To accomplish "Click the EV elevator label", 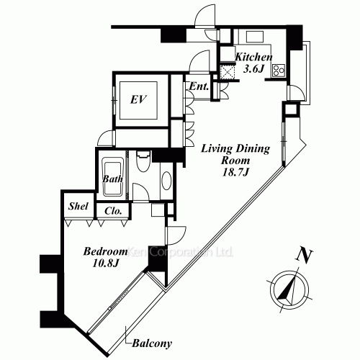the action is (x=138, y=99).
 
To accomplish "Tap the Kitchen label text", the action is (x=253, y=57).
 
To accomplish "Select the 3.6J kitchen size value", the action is (x=253, y=69).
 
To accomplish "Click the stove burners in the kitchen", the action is (x=279, y=71).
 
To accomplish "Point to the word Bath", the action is (x=112, y=179).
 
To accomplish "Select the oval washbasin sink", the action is (x=166, y=181).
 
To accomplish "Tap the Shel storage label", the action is (x=78, y=206).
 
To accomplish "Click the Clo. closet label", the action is (x=113, y=211).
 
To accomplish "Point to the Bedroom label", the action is (x=105, y=251).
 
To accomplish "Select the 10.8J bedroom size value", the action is (x=105, y=264).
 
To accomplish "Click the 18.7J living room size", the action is (x=235, y=172).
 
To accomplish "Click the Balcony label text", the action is (x=152, y=343).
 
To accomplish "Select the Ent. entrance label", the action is (x=199, y=86).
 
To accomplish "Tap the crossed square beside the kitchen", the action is (x=227, y=72).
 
